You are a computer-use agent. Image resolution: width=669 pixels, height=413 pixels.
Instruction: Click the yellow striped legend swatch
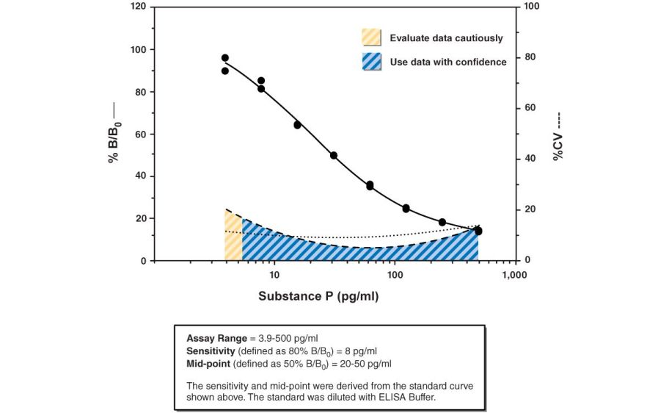(x=372, y=37)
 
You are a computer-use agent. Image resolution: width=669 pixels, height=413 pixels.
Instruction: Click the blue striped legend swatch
(x=372, y=62)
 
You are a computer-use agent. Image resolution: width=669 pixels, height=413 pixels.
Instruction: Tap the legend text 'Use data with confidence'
(x=447, y=62)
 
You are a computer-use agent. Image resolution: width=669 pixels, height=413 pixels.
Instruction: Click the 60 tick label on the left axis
(x=139, y=134)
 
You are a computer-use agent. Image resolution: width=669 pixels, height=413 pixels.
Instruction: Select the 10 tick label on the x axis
(x=274, y=275)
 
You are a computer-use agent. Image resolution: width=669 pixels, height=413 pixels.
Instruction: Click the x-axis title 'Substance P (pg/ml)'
(x=318, y=297)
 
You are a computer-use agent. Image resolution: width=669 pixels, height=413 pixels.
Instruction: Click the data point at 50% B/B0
(x=334, y=156)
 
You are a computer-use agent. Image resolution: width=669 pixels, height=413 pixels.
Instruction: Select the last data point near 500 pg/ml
(x=478, y=231)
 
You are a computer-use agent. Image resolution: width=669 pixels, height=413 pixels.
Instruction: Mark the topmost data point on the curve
(x=225, y=58)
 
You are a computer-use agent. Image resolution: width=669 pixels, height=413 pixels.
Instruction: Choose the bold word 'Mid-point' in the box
(x=208, y=363)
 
